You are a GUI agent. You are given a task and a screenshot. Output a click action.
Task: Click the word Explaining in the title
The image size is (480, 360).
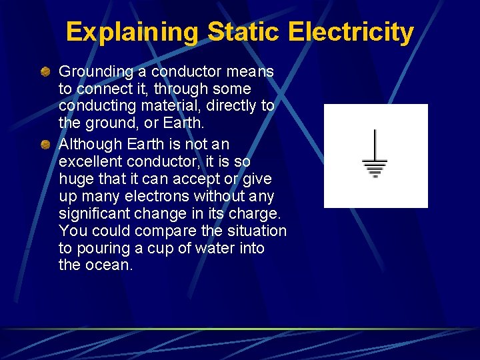[x=132, y=32]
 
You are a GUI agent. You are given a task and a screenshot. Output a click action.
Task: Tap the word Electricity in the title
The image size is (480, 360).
[x=351, y=32]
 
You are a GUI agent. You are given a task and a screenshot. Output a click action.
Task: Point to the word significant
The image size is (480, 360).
[x=93, y=213]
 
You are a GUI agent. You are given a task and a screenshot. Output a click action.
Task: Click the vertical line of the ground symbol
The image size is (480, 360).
[x=375, y=144]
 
